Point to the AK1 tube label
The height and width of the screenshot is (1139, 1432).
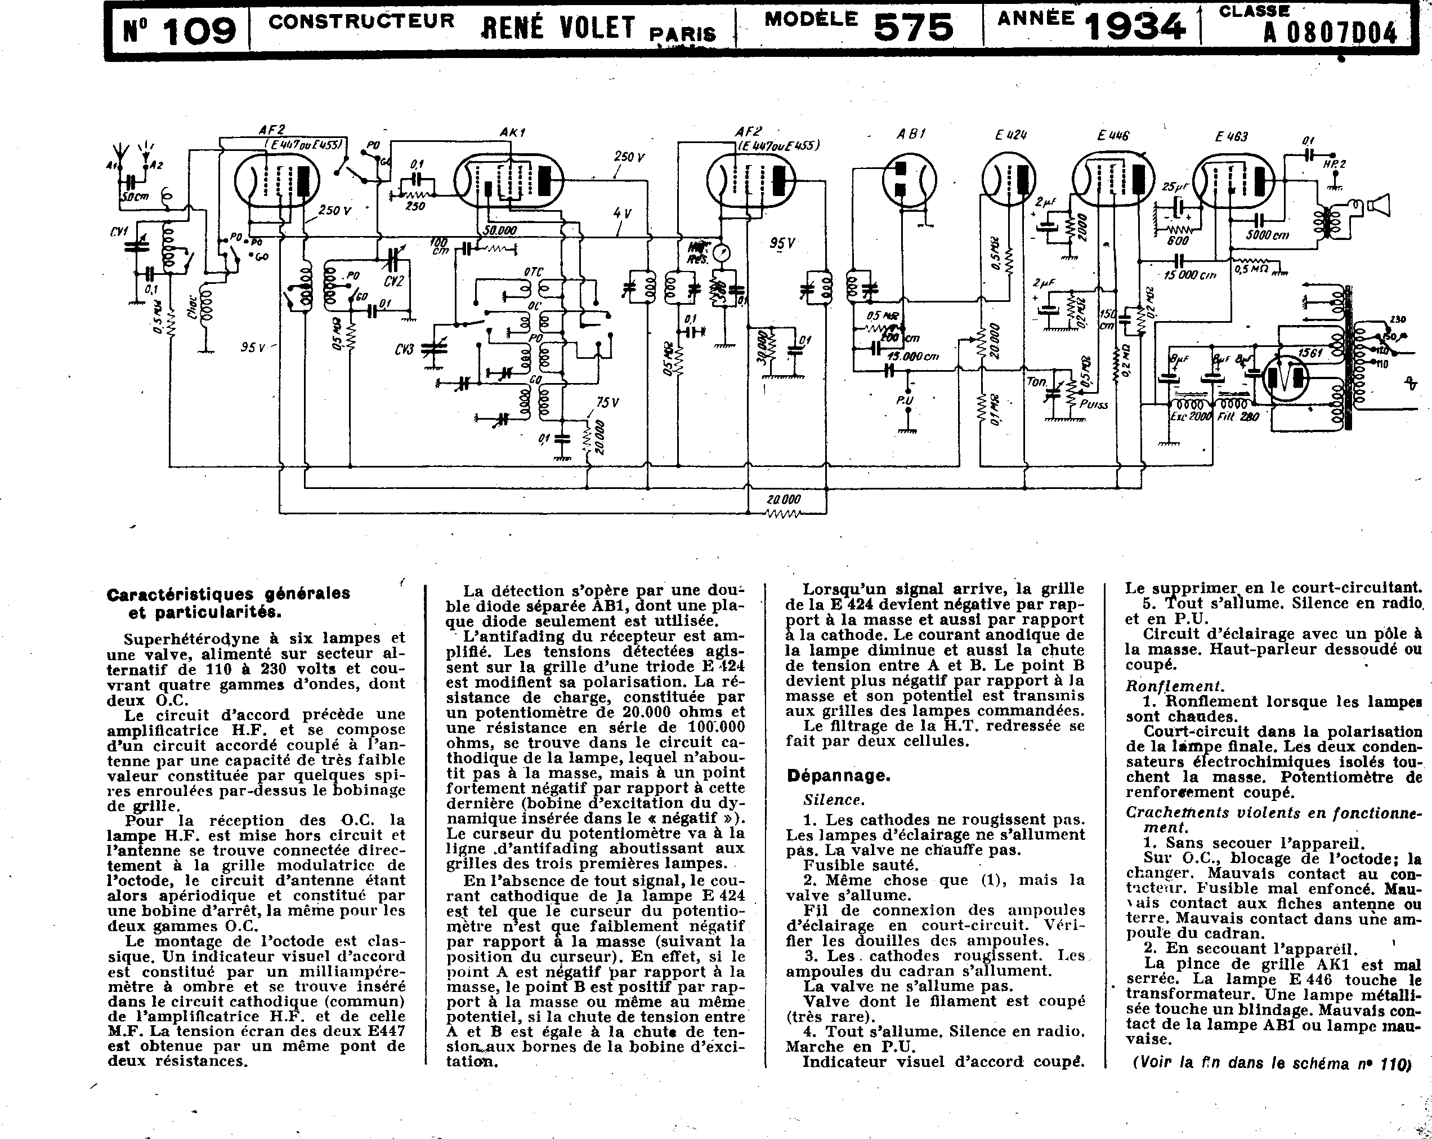click(x=512, y=133)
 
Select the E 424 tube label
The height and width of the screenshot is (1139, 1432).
click(x=1011, y=135)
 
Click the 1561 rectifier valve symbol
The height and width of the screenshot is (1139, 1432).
click(x=1285, y=377)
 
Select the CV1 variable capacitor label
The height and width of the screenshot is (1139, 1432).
click(x=119, y=232)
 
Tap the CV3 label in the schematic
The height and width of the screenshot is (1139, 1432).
click(x=404, y=349)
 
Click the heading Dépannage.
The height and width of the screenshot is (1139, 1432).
click(x=838, y=776)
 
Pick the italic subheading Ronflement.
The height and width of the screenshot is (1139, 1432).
click(x=1174, y=686)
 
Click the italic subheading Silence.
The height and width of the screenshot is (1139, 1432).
click(x=834, y=800)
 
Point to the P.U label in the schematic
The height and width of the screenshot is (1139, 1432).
click(x=905, y=401)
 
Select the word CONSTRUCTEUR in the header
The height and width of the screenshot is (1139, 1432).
click(x=361, y=21)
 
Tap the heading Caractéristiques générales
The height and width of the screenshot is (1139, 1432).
click(x=229, y=593)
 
